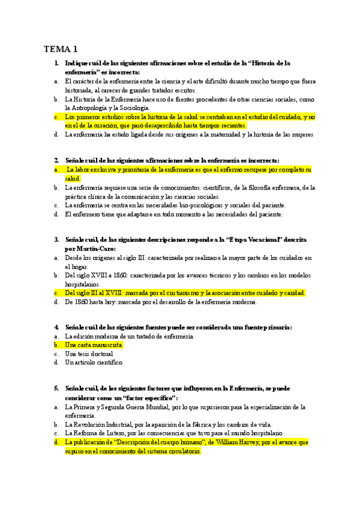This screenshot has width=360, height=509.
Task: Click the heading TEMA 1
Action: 61,49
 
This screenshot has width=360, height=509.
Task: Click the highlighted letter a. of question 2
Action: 56,170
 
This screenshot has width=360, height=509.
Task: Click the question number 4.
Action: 56,327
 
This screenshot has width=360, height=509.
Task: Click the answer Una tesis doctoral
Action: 89,354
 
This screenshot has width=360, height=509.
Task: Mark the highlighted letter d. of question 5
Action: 56,442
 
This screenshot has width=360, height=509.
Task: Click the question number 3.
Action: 56,239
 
